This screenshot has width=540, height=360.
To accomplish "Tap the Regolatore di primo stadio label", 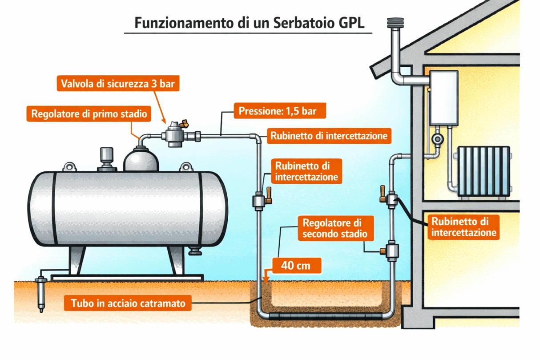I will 89,113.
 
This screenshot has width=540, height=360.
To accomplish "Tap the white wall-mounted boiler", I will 444,97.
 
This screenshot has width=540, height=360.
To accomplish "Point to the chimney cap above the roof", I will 395,22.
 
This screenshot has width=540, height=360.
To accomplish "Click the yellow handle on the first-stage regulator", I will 184,122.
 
